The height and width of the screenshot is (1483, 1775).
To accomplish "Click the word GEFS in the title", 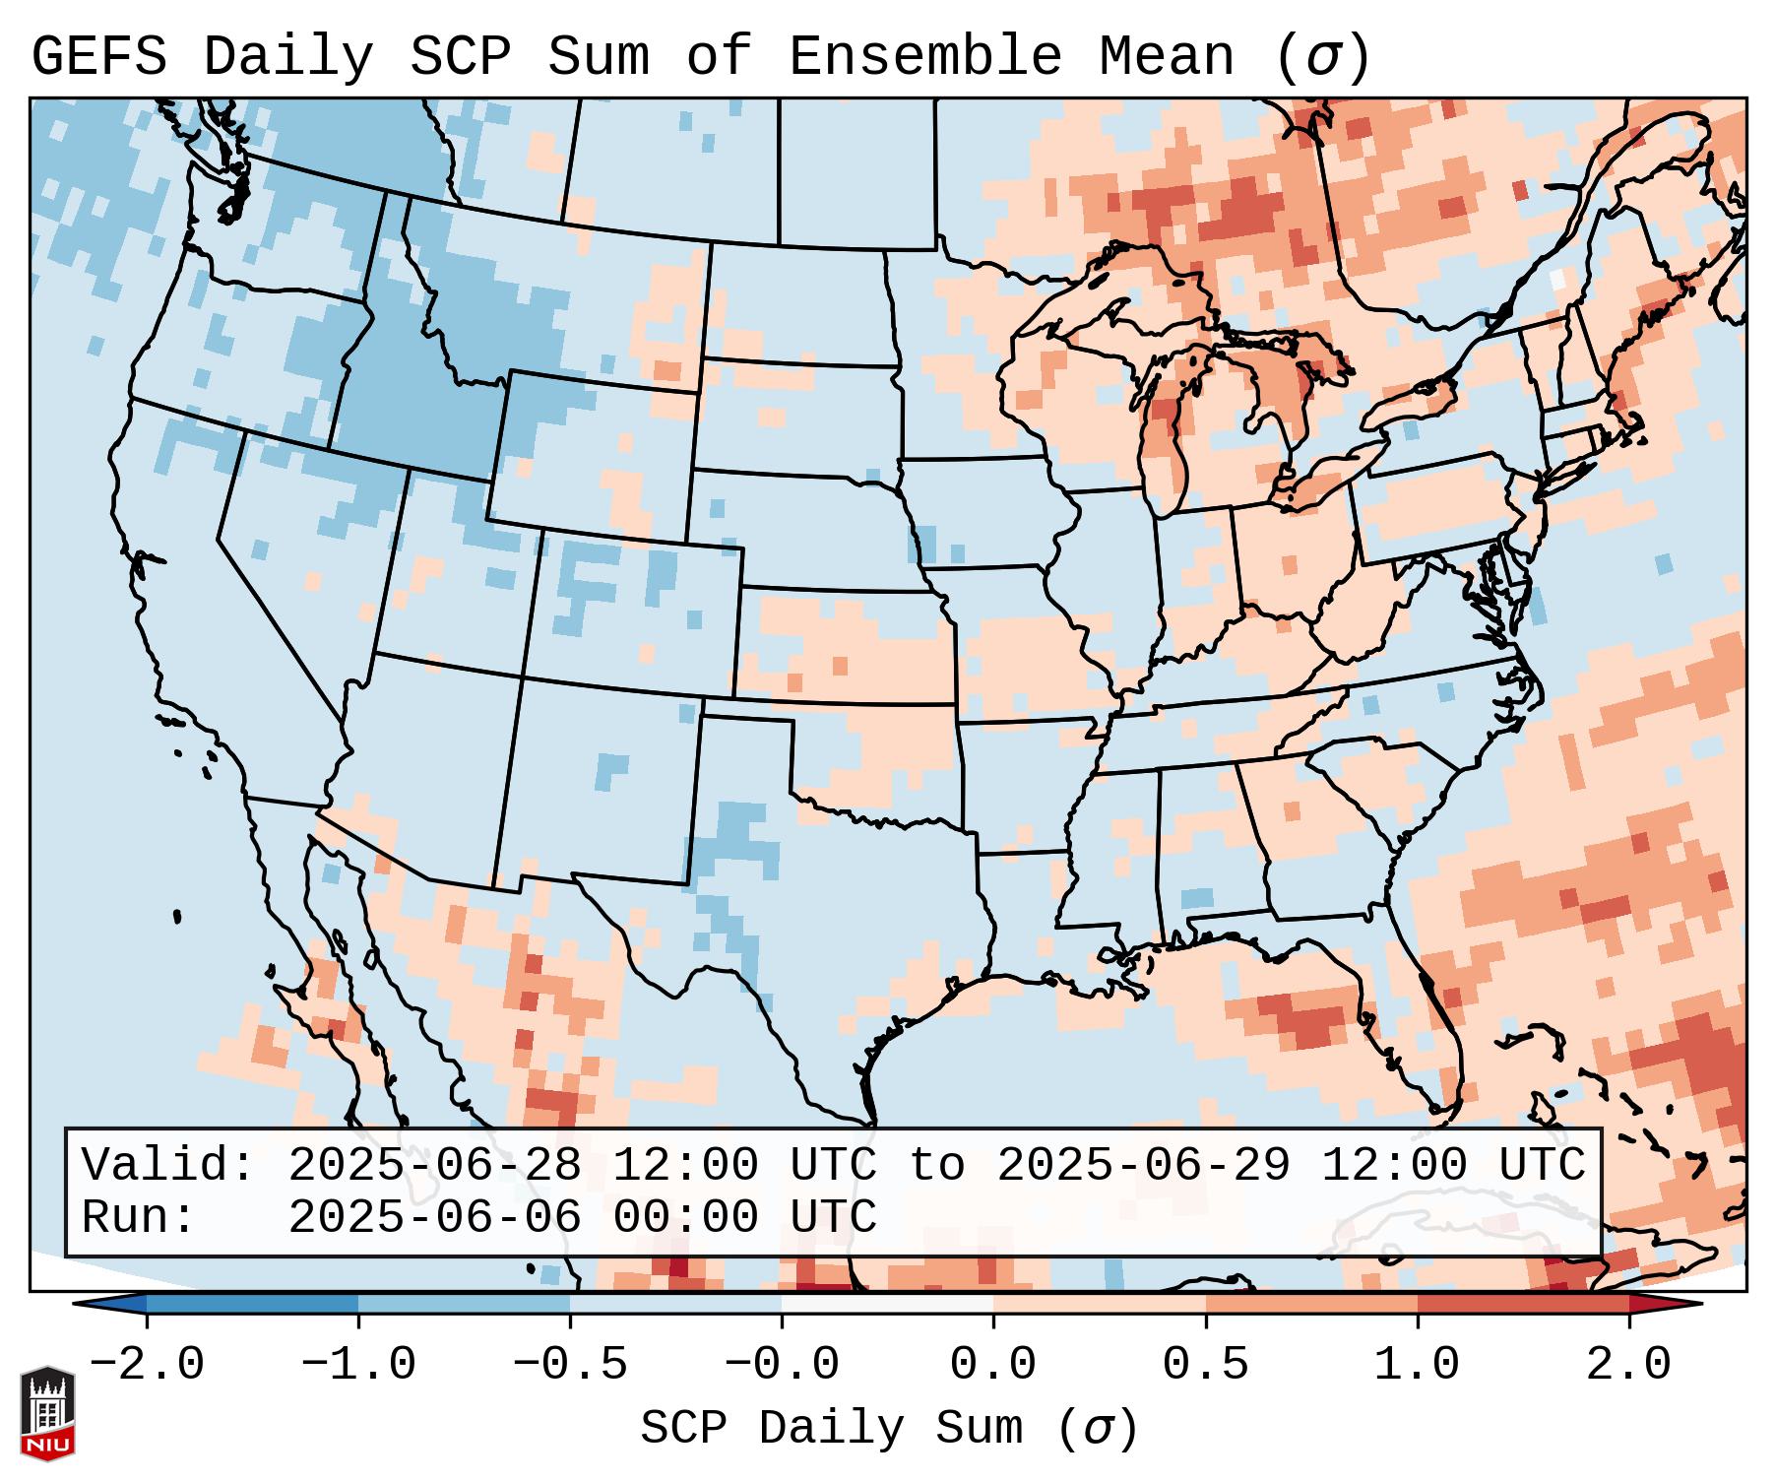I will (x=98, y=57).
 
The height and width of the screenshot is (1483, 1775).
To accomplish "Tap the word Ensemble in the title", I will (x=924, y=57).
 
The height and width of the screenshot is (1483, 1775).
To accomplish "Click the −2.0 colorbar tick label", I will (x=147, y=1365).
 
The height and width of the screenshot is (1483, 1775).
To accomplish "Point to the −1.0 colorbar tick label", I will (x=358, y=1365).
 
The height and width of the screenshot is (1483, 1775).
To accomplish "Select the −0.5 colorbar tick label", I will (x=570, y=1365).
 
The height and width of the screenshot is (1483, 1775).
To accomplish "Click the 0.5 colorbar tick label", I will (x=1205, y=1365).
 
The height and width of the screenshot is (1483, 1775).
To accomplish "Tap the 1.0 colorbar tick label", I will (x=1417, y=1365).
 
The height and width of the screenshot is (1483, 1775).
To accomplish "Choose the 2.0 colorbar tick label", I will (x=1628, y=1365).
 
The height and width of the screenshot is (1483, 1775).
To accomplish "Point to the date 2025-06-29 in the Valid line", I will (x=1144, y=1165).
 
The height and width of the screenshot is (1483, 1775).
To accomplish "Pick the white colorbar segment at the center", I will (x=887, y=1305).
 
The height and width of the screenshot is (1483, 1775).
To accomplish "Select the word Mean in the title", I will (x=1166, y=57).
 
